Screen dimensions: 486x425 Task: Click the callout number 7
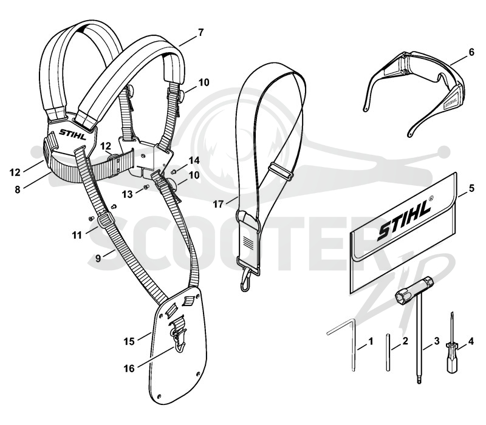201,33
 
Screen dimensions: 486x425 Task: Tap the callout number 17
218,204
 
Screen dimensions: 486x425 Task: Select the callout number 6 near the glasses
471,52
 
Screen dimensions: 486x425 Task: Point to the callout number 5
471,188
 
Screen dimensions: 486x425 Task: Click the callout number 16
129,369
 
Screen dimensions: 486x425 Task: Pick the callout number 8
18,189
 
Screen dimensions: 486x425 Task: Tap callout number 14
194,160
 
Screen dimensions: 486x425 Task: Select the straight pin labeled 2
388,352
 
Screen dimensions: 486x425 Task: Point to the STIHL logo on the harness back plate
73,134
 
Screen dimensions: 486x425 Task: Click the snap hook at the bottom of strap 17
246,280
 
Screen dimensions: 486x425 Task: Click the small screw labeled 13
146,186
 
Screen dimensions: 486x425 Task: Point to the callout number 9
98,258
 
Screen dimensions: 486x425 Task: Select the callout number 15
129,341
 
